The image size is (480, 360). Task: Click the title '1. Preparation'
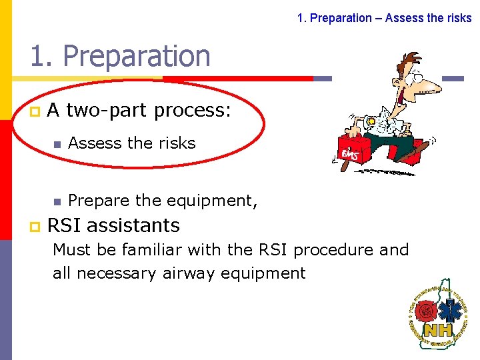coord(120,56)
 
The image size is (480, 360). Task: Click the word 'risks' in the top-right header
coord(458,18)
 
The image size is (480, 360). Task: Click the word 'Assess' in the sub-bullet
coord(95,143)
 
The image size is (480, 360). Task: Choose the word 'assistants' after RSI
coord(133,225)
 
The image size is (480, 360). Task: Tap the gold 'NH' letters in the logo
coord(438,330)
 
